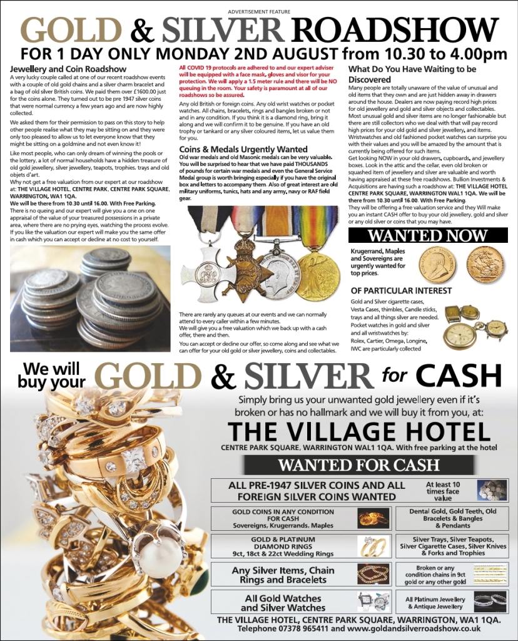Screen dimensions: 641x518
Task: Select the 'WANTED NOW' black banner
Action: tap(428, 236)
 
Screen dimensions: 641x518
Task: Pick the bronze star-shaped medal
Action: tap(249, 267)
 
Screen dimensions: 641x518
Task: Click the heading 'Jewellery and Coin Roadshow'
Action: tap(69, 69)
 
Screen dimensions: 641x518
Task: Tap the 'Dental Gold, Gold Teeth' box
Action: tap(447, 518)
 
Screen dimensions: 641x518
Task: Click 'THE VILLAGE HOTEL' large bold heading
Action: tap(358, 431)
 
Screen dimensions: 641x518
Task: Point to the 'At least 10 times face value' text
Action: tap(443, 491)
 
